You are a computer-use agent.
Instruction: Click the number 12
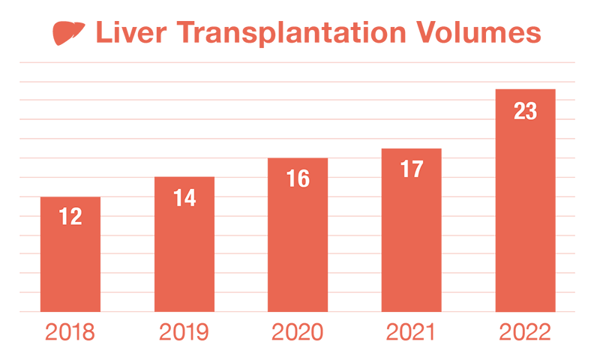point(70,217)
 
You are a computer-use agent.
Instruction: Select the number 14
point(184,198)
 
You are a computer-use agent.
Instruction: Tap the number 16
point(298,178)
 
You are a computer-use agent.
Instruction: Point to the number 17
point(412,169)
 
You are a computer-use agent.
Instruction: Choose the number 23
point(525,111)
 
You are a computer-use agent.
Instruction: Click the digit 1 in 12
point(64,217)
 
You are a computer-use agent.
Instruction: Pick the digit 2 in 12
point(75,217)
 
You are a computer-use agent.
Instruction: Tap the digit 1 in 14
point(178,198)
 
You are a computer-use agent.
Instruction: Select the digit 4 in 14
point(190,198)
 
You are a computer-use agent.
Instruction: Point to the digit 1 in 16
point(291,178)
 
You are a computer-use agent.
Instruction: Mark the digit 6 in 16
point(303,178)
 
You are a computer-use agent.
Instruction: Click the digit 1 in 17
point(405,169)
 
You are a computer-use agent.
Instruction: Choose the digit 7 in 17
point(417,169)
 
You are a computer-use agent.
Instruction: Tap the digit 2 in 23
point(519,111)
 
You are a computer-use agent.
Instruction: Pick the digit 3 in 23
point(531,111)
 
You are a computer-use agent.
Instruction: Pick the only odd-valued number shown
point(412,169)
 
